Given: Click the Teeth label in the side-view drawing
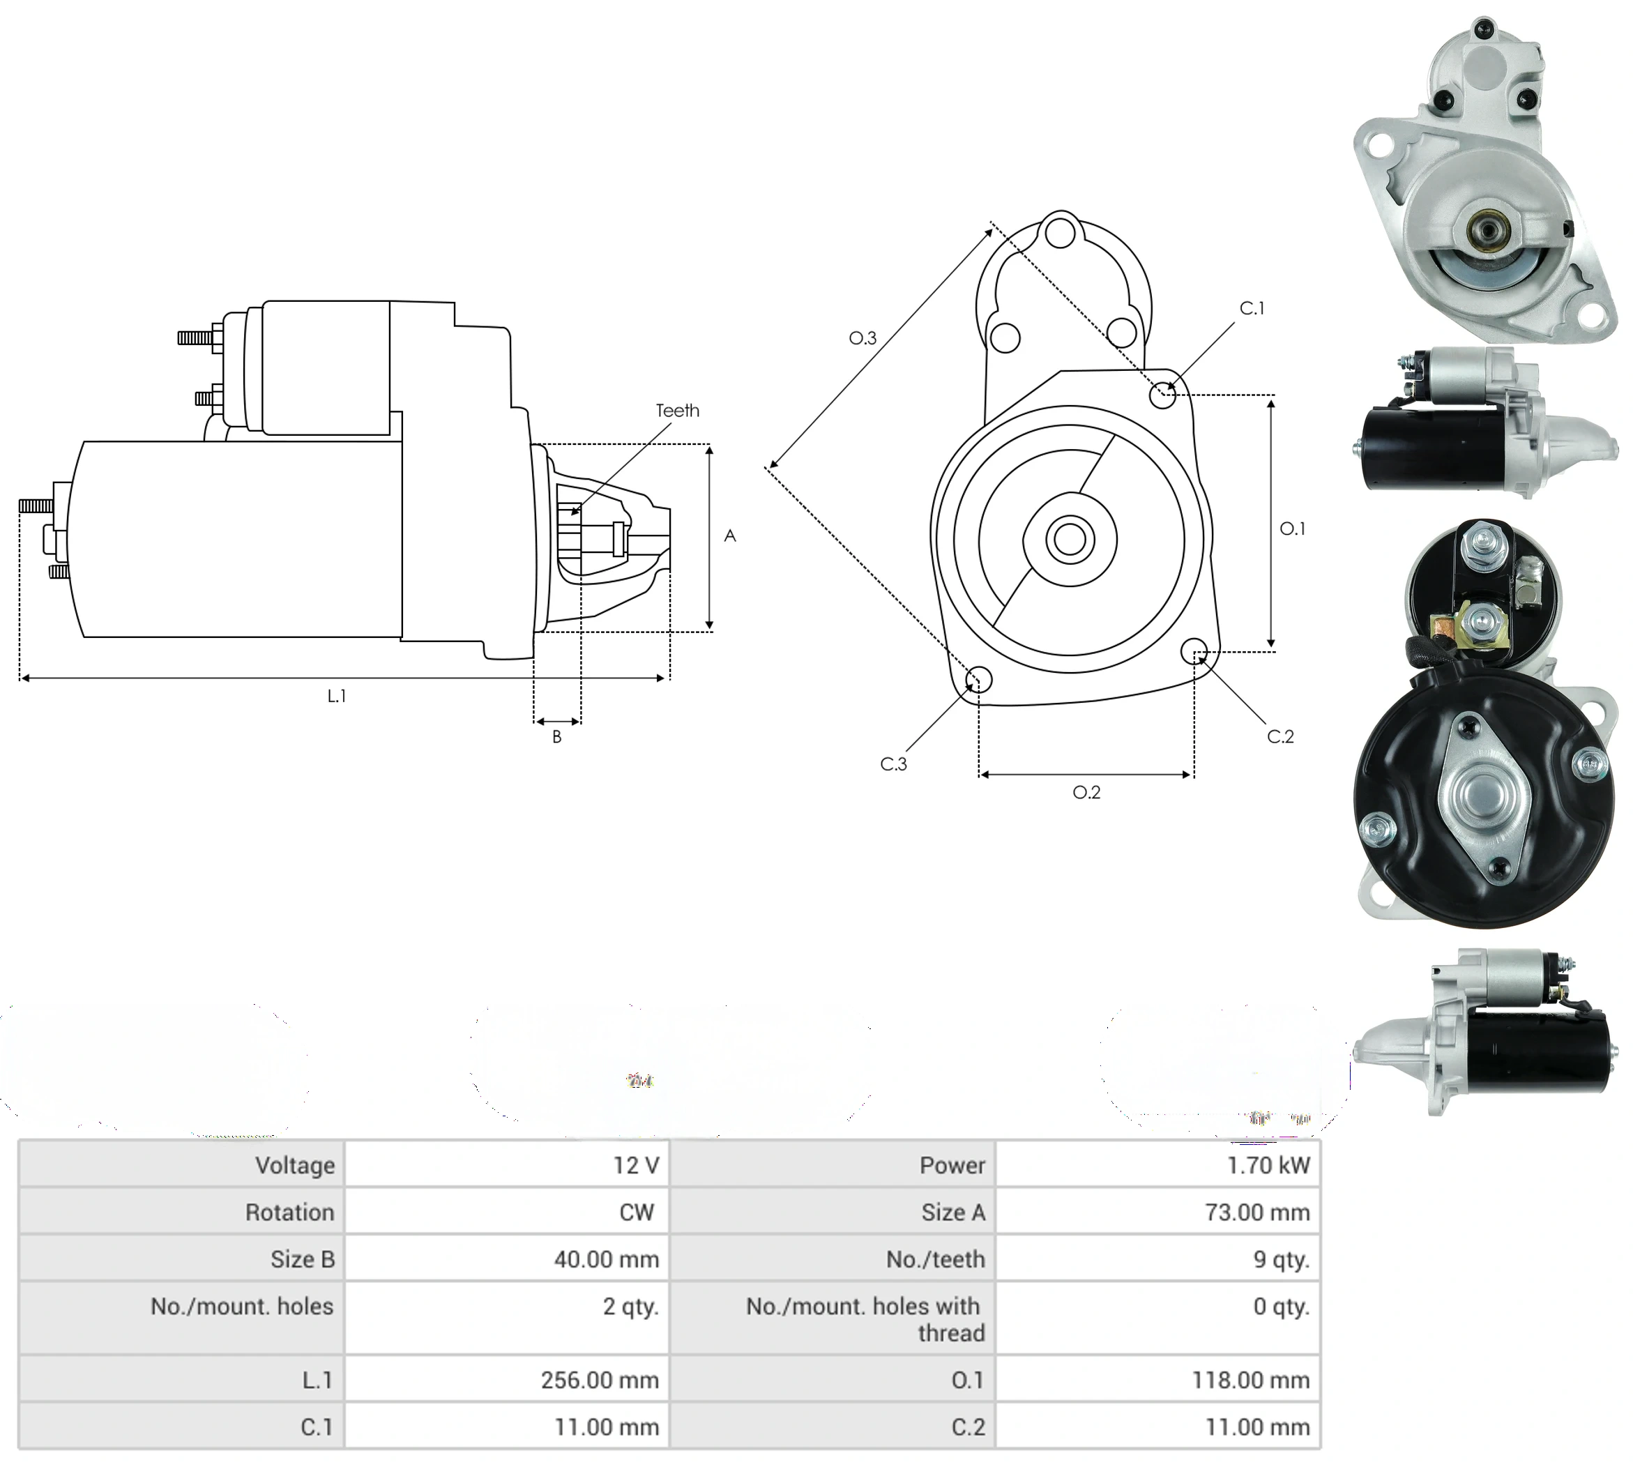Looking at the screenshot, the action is coord(677,410).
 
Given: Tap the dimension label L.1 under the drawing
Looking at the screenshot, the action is coord(337,696).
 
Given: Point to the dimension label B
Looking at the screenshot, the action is coord(557,737).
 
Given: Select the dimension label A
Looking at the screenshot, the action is coord(730,535).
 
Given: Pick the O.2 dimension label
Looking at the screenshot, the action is coord(1086,792).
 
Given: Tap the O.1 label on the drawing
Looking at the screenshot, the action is coord(1292,529).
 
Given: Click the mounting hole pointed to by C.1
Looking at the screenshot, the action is coord(1162,395).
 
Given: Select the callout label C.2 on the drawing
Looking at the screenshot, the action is coord(1280,736).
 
